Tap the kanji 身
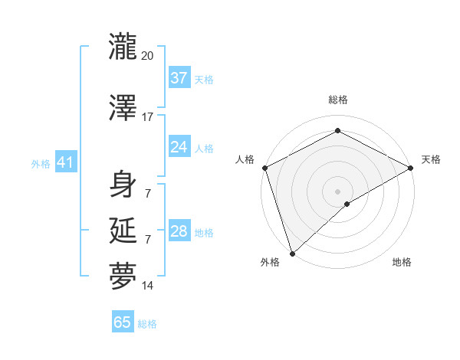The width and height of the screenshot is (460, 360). (123, 184)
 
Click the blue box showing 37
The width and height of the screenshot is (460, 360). (179, 77)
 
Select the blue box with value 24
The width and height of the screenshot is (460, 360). (179, 146)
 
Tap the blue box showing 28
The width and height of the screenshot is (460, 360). (179, 231)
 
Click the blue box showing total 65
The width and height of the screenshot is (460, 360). (123, 322)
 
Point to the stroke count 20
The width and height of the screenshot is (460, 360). (148, 56)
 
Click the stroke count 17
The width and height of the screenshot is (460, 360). (148, 117)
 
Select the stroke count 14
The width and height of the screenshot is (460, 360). (148, 286)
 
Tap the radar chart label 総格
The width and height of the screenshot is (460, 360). (337, 100)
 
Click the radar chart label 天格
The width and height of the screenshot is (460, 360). (431, 159)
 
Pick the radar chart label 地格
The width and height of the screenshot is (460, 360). (402, 263)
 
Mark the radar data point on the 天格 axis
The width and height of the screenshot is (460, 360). (411, 168)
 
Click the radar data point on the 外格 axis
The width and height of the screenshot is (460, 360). (292, 253)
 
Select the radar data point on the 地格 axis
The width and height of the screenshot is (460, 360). (347, 204)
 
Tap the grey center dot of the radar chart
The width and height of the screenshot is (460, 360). (337, 191)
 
